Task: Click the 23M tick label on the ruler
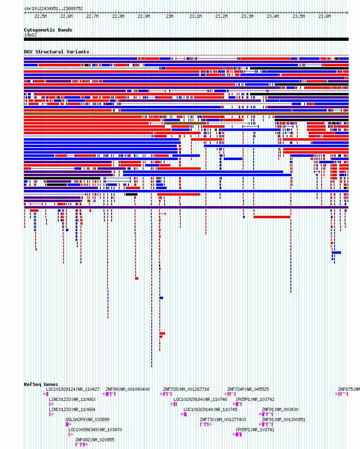169,16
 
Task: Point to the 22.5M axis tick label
40,16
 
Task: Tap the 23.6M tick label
324,16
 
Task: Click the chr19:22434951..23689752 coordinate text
54,8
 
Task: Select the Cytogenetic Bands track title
48,30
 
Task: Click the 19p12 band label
30,35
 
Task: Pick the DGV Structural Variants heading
57,52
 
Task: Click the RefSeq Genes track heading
41,384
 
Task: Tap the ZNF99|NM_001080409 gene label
127,390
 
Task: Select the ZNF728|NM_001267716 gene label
186,390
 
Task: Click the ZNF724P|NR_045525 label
248,390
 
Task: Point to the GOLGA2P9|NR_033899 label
87,420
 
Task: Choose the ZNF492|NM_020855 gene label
95,440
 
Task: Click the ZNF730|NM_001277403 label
223,420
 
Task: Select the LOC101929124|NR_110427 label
73,390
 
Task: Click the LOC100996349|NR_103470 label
95,430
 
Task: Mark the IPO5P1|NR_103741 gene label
255,430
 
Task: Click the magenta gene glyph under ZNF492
82,445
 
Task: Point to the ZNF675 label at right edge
345,390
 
